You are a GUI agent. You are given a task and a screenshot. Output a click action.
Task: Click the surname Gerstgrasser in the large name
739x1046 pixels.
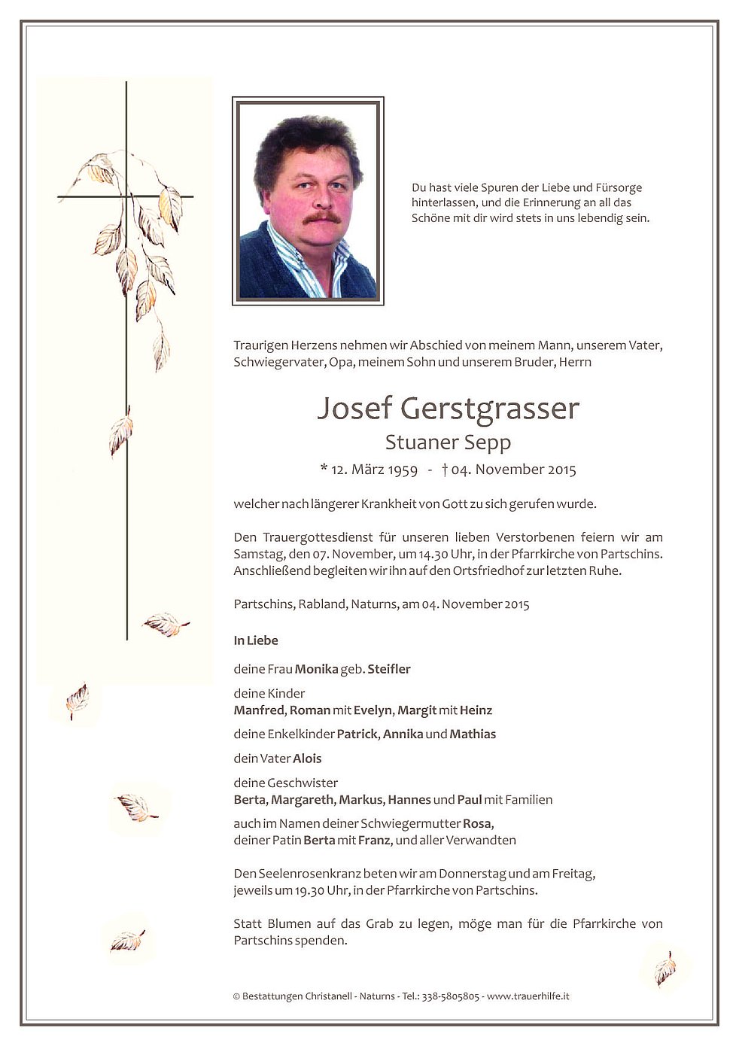pos(491,409)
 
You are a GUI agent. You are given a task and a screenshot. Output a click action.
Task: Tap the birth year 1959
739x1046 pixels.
pos(403,470)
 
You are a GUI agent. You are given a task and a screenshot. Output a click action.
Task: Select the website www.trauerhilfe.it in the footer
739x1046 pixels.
pos(528,996)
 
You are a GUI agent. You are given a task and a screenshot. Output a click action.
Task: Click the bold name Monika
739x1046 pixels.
pos(316,669)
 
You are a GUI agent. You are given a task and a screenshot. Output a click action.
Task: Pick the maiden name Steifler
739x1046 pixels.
pos(389,669)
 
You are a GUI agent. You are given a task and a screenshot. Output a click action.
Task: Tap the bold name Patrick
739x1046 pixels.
pos(357,734)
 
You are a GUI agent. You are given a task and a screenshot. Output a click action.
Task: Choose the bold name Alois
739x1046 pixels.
pos(307,759)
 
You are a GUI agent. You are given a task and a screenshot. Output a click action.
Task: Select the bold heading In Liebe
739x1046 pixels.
pos(256,641)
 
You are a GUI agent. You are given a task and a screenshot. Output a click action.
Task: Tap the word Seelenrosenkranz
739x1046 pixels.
pos(309,874)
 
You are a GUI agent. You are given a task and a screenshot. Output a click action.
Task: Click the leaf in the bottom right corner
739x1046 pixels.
pos(664,968)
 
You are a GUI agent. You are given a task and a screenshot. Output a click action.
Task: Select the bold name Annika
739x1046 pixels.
pos(403,734)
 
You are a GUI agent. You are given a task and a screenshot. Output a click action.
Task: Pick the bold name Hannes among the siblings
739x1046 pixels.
pos(409,800)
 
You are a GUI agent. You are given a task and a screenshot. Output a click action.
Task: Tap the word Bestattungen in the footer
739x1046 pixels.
pos(272,996)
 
